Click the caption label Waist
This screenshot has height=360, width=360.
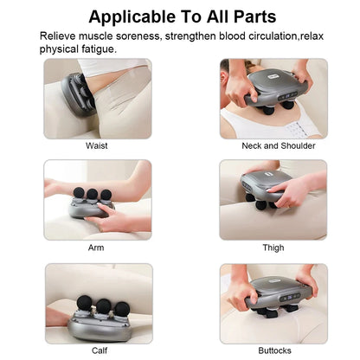97,145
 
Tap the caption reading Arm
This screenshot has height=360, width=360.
97,247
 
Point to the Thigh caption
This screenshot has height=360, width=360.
273,247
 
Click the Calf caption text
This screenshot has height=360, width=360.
100,350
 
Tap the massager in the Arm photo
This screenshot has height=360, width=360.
92,204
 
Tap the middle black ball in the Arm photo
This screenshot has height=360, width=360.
92,192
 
